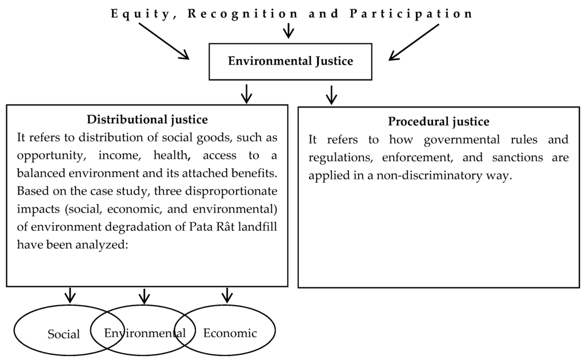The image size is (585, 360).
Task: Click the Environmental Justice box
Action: (x=290, y=61)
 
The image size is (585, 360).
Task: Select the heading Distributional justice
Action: (x=147, y=120)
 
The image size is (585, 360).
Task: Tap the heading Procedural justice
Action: (x=438, y=122)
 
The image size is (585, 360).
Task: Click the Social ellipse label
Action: (x=63, y=334)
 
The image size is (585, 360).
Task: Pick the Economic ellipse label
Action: (x=230, y=333)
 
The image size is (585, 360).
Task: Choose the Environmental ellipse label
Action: (x=145, y=333)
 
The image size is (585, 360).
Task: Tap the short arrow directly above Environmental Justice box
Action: (x=289, y=30)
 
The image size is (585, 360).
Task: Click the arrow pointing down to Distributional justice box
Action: (x=247, y=93)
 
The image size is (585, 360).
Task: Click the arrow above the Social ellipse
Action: (x=70, y=295)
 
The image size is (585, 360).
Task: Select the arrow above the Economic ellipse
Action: (x=227, y=295)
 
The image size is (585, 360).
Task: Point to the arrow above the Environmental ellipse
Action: (x=144, y=295)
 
